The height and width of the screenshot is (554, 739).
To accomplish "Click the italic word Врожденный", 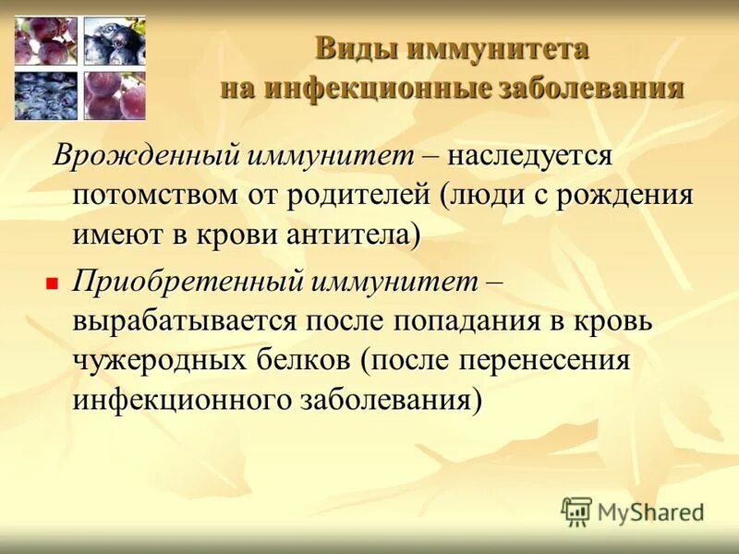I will point(146,156).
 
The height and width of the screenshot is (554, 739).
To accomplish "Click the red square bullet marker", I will point(52,283).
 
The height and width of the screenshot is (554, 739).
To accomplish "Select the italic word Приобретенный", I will point(188,282).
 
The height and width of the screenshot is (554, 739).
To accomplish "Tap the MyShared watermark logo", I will point(633,511).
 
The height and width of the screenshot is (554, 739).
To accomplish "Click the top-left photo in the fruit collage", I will point(45,42).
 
